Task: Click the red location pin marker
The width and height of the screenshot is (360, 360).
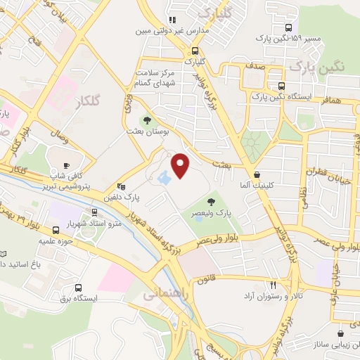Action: point(181,165)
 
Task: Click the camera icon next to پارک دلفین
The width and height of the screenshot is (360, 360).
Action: point(121,187)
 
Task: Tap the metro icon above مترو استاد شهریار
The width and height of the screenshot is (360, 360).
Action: point(95,212)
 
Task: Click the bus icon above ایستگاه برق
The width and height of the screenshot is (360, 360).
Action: point(77,287)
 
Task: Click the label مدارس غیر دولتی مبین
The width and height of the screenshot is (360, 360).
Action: point(167,32)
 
